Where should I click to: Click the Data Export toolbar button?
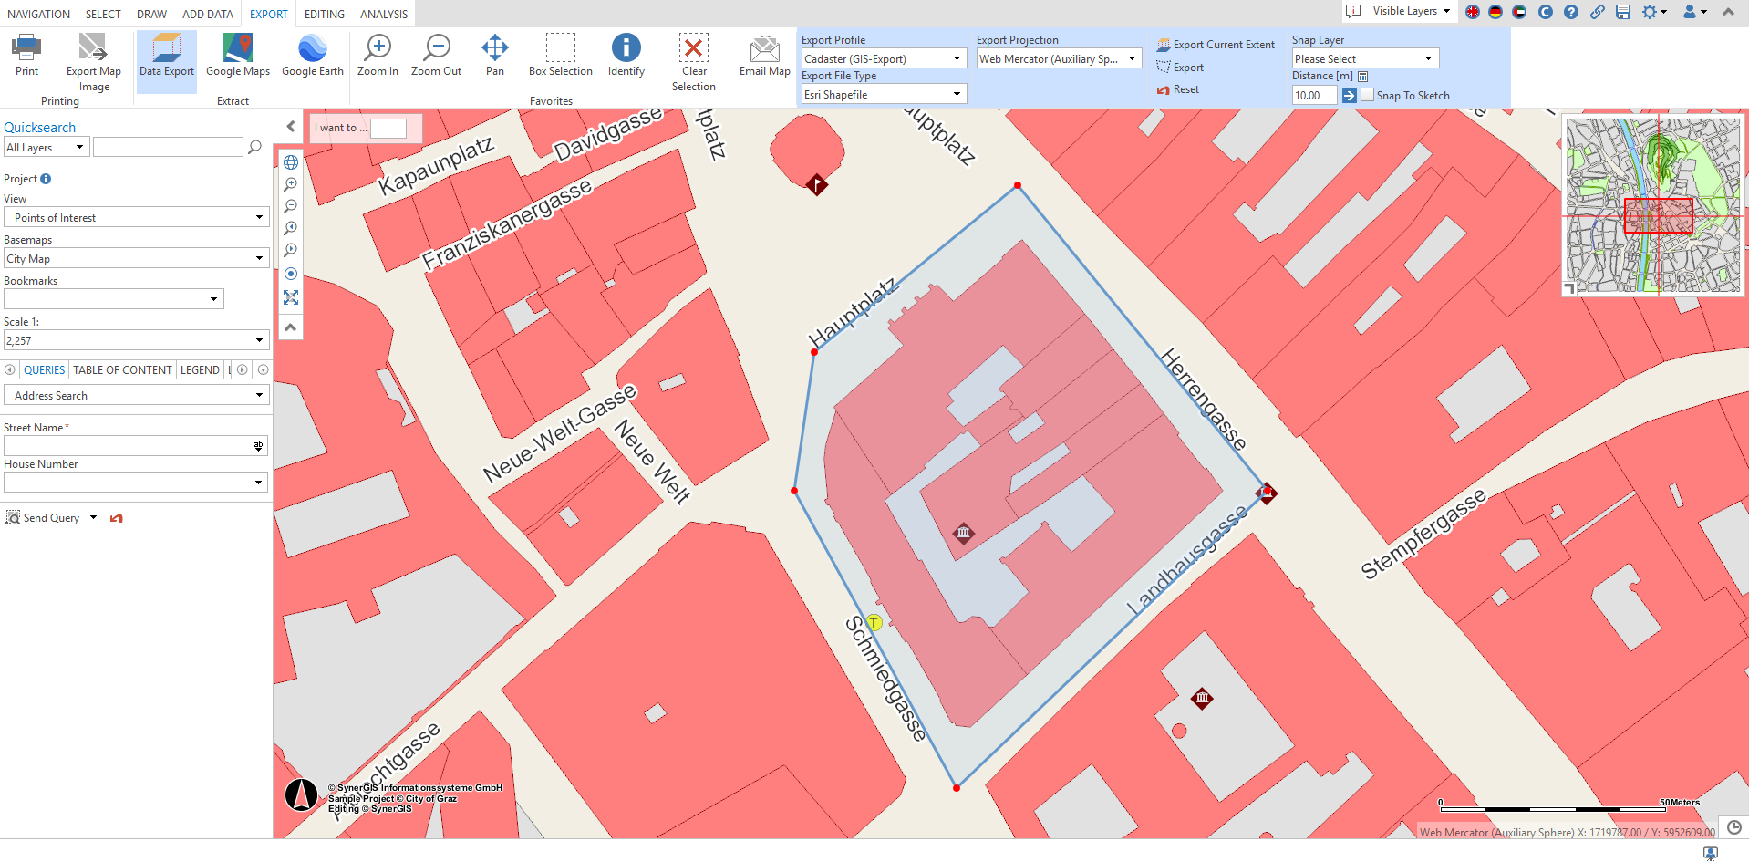point(167,57)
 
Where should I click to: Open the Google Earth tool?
point(312,57)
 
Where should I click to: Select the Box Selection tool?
point(560,57)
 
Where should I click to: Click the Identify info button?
point(626,57)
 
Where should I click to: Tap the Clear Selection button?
point(693,61)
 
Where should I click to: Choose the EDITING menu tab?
point(325,14)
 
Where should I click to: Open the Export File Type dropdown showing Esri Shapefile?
point(883,95)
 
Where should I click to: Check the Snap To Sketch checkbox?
point(1368,95)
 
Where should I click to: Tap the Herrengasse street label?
point(1203,400)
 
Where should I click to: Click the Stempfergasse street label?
point(1423,534)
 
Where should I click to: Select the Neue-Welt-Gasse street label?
point(559,433)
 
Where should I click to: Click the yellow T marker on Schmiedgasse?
point(874,623)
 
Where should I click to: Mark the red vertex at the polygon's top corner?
point(1018,186)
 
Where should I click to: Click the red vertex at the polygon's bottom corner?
point(956,788)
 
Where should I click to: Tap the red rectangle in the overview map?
point(1658,215)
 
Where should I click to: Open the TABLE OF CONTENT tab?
point(122,370)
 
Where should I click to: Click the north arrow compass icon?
point(301,795)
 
